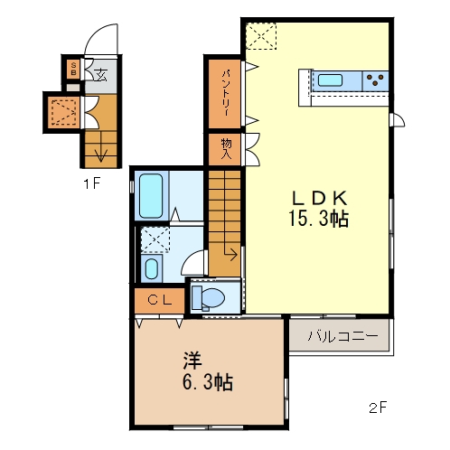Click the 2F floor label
[377, 407]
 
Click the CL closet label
[160, 300]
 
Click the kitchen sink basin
[330, 80]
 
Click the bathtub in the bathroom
[151, 195]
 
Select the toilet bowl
[211, 296]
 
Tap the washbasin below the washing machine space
[151, 268]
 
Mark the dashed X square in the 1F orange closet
[63, 111]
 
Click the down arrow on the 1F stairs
[101, 154]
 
